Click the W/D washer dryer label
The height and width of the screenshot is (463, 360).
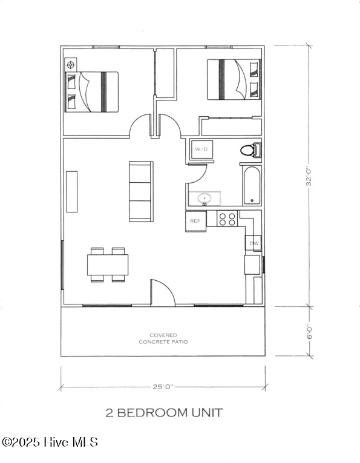(201, 149)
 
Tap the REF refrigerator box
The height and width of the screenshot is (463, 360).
(195, 221)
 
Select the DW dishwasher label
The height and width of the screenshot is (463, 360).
(254, 244)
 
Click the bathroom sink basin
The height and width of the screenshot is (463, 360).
(205, 199)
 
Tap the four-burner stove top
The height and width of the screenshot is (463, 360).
(227, 218)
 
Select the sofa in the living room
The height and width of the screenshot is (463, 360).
(142, 191)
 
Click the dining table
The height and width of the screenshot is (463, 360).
(108, 264)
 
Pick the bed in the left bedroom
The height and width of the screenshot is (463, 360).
(92, 91)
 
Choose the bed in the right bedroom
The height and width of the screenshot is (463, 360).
(234, 79)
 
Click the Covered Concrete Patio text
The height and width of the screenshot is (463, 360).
(163, 338)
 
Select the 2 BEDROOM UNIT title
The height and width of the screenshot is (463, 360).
(164, 413)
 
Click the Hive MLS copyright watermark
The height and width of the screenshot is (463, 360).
(50, 442)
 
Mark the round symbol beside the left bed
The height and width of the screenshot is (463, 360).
(71, 64)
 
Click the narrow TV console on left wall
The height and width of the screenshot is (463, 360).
(72, 191)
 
